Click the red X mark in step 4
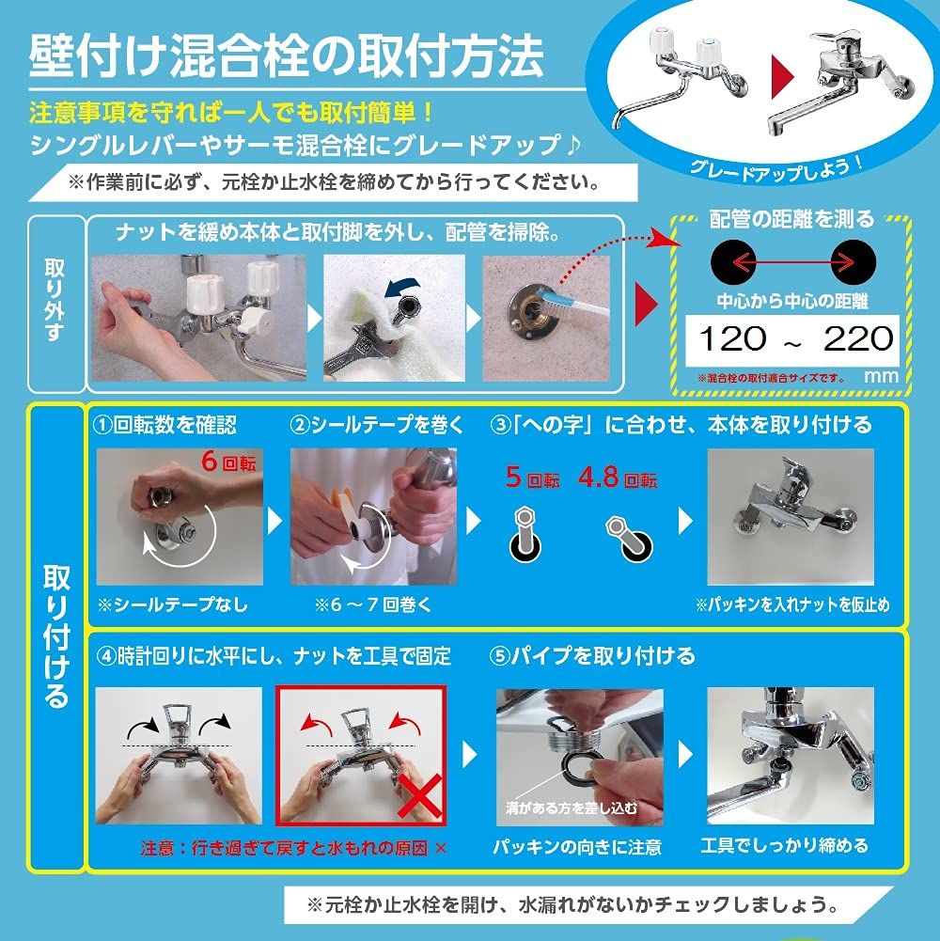coord(420,799)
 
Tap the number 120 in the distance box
coord(731,338)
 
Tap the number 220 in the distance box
coord(857,338)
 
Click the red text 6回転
coord(227,463)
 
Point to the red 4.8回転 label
coord(618,479)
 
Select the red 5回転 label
coord(532,479)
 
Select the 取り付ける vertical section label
coord(55,638)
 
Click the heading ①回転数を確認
coord(164,426)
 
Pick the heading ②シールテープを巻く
coord(378,426)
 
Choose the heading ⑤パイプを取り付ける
coord(592,655)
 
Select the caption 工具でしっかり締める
coord(785,846)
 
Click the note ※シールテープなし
coord(173,604)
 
